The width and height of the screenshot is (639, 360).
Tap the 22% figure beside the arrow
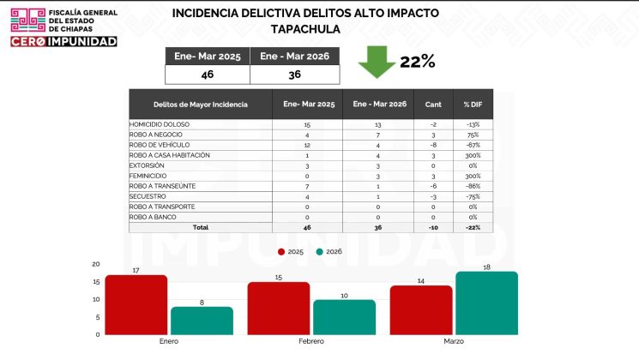417,62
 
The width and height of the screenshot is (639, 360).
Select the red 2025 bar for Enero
136,305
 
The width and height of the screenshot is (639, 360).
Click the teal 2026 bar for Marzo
486,303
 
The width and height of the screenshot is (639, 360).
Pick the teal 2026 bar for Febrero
345,317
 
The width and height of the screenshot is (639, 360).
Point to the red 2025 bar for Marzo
421,310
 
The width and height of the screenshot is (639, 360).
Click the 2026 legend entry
328,252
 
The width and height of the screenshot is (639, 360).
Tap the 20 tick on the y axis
96,264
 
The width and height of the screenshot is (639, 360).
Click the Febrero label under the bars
312,341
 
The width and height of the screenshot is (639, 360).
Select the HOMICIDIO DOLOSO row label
160,124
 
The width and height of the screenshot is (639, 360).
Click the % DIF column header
473,105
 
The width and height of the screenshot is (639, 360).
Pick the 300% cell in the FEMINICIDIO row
473,176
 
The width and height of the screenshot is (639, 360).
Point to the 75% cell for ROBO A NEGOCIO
473,135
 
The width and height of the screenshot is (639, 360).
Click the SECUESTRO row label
148,196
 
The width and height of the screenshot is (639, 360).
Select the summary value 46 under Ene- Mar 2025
207,75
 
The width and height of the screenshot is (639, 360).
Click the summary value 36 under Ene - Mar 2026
294,75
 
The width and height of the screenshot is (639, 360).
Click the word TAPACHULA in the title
305,29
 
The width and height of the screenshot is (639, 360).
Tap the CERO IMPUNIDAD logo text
63,41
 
